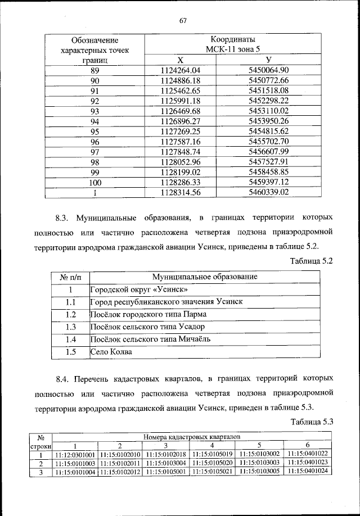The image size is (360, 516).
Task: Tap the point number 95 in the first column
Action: point(94,131)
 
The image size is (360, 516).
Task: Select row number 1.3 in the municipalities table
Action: point(71,327)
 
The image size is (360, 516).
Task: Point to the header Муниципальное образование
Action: point(205,277)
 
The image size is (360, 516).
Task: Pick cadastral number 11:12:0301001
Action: point(75,454)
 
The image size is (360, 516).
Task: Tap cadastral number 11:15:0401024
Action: point(307,472)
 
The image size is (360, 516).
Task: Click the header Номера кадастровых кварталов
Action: point(191,436)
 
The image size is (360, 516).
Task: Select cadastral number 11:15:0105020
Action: point(212,463)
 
